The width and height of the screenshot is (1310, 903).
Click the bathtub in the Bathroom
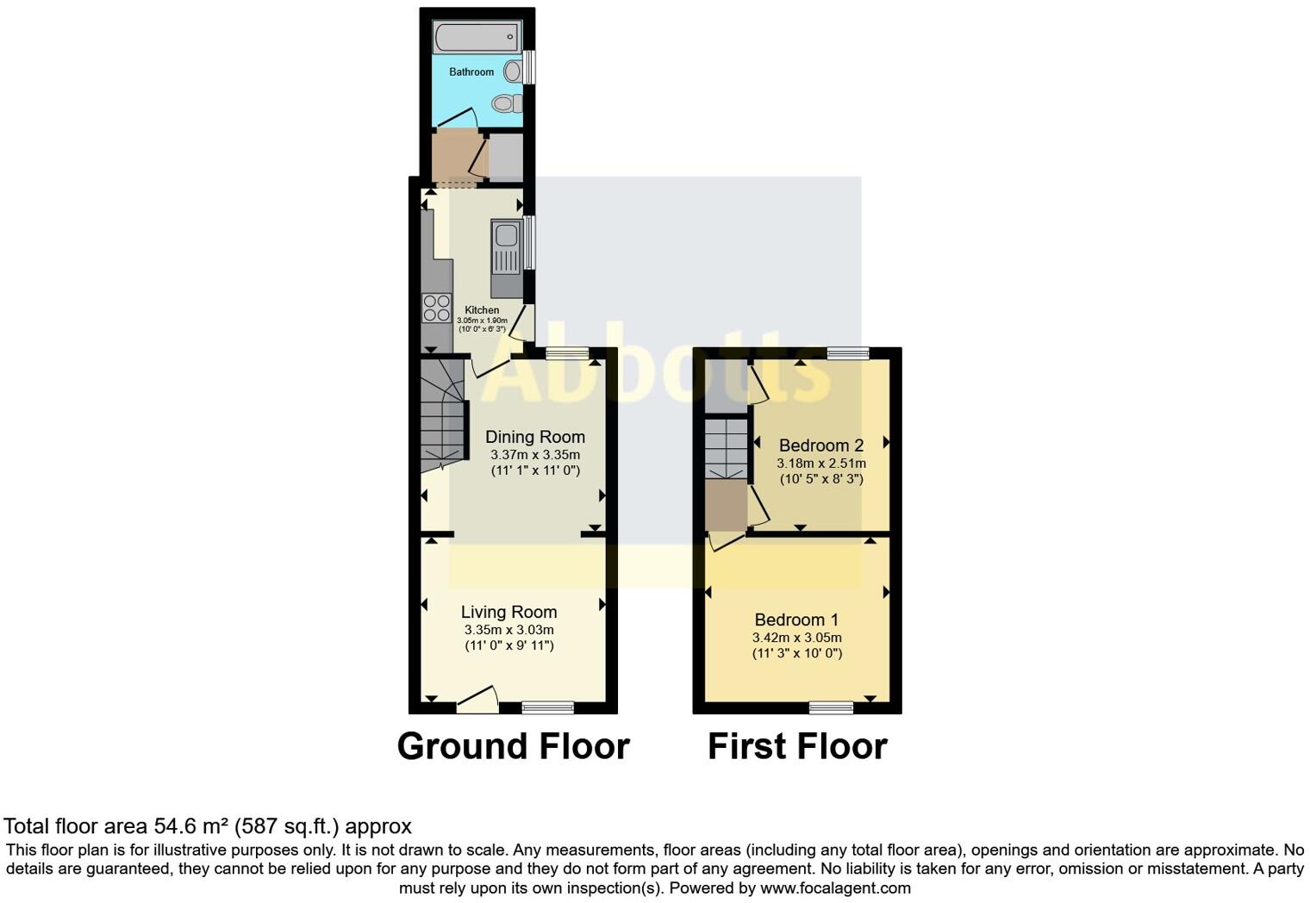click(477, 38)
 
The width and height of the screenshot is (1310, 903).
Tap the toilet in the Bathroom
click(508, 104)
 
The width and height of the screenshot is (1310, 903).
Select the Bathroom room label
click(471, 72)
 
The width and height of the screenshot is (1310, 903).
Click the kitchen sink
click(506, 245)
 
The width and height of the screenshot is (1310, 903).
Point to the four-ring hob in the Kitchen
click(437, 308)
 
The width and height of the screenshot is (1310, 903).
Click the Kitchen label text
click(482, 310)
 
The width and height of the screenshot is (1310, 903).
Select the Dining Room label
click(534, 437)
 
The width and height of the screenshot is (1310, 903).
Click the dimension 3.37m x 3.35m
click(534, 455)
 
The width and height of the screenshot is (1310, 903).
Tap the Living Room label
click(508, 612)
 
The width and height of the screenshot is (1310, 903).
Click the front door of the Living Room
click(478, 700)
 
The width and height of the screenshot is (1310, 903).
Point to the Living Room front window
click(548, 707)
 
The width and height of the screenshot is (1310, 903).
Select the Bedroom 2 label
click(820, 445)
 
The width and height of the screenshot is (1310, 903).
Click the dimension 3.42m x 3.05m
click(796, 638)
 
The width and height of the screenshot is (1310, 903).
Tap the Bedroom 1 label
click(796, 620)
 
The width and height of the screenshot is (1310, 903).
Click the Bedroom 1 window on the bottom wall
click(831, 707)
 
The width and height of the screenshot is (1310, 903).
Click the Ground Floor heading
click(513, 746)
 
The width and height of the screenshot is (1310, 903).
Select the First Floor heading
click(797, 746)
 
